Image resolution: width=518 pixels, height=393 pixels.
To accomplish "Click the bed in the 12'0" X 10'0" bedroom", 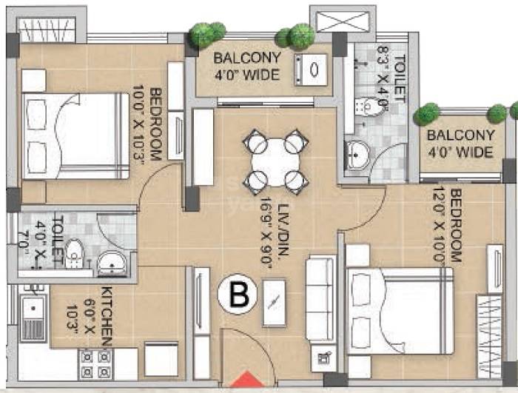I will (400, 312).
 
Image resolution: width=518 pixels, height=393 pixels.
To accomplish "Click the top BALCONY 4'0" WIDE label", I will (246, 66).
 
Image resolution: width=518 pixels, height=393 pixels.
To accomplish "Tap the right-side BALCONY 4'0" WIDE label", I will (460, 144).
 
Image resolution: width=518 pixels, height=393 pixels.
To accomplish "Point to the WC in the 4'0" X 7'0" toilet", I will (73, 256).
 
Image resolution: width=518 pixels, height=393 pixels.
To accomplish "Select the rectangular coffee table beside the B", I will (273, 302).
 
